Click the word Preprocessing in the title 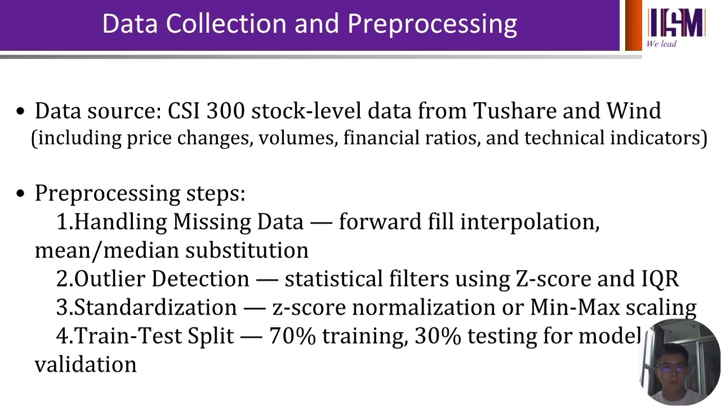432,24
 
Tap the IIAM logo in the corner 675,23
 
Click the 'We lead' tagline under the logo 661,44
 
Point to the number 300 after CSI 225,111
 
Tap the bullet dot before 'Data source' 21,112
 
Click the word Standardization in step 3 155,307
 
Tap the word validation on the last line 86,364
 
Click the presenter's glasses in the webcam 670,368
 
